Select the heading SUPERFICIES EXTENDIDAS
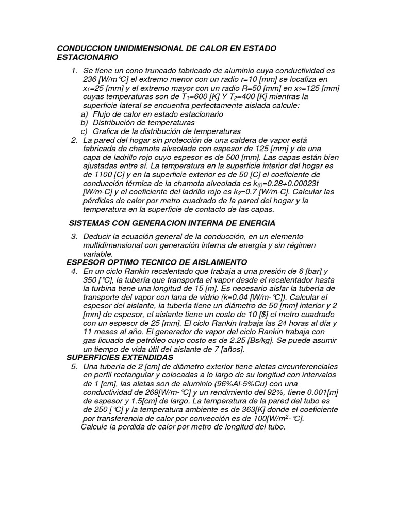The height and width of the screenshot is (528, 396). tap(120, 357)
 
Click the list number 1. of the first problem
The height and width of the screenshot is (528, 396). tap(75, 70)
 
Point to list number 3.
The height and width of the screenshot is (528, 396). tap(74, 236)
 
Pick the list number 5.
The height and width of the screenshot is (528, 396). tap(74, 366)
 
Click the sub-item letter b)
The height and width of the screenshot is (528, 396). tap(85, 122)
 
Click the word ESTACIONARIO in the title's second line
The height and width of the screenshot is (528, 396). tap(87, 57)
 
